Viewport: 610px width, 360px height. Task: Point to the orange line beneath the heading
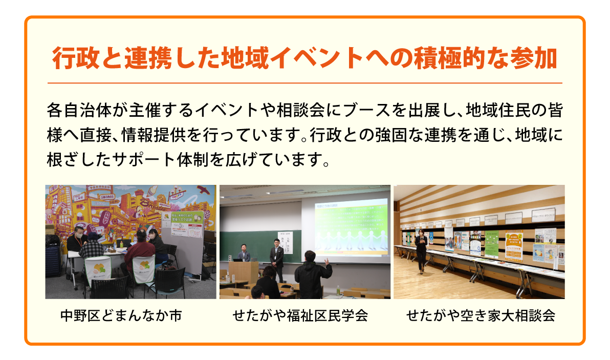click(x=304, y=82)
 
